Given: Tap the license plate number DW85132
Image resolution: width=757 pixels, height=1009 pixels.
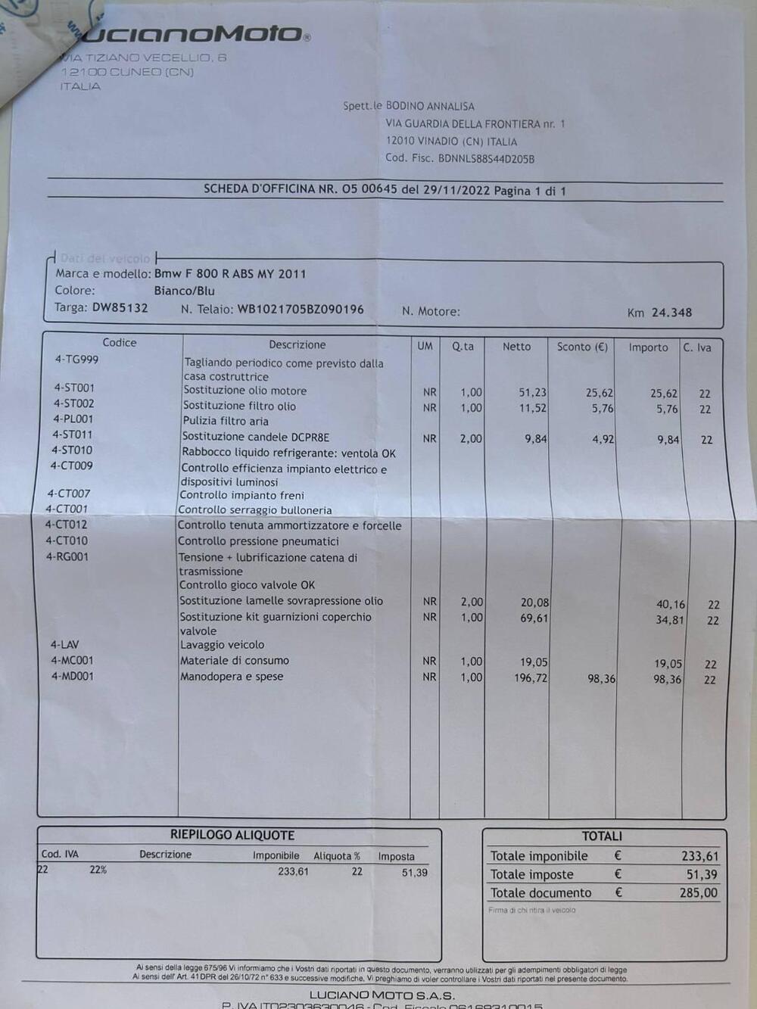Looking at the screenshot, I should [120, 308].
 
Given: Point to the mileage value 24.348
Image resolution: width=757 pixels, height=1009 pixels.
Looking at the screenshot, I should [671, 313].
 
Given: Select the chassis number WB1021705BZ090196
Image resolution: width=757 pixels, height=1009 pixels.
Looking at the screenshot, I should [301, 310].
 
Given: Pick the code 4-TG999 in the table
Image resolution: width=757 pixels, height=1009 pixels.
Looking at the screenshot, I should [76, 360].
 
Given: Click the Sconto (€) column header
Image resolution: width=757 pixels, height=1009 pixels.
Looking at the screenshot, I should [582, 347].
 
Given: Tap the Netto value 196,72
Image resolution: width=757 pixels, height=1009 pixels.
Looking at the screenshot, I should [530, 678].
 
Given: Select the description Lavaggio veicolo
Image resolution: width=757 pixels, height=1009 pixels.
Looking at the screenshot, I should [222, 645].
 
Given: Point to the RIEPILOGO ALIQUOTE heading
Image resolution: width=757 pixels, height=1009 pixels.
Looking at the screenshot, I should [232, 836].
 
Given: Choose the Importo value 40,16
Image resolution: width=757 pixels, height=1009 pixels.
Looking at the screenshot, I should [670, 605].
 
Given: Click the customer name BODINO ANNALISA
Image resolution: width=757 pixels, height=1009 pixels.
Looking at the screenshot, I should [430, 107].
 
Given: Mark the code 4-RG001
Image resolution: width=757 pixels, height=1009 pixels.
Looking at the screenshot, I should [67, 557].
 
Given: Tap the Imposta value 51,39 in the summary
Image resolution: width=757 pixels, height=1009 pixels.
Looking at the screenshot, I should [414, 873].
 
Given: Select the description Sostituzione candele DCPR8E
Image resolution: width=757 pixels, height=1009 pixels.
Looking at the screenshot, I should [256, 438].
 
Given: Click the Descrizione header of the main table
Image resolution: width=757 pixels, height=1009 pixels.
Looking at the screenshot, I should [297, 345].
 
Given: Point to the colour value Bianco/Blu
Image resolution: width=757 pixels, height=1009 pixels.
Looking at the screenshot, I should [184, 291].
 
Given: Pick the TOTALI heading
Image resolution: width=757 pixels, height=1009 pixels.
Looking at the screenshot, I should [602, 836].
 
